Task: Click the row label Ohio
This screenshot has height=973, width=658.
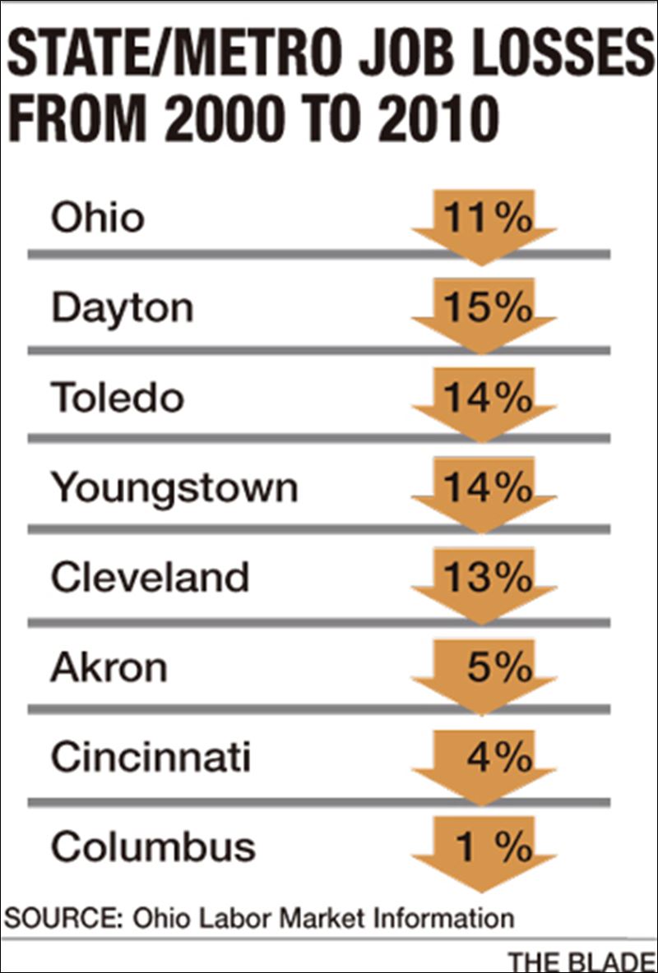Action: click(x=97, y=219)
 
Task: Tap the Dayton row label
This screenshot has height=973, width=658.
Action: click(x=122, y=309)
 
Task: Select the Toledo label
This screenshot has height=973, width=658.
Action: click(x=117, y=399)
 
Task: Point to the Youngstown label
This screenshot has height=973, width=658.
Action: click(x=174, y=489)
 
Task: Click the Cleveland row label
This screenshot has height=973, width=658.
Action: click(x=149, y=578)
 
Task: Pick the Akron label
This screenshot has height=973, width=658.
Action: click(x=108, y=667)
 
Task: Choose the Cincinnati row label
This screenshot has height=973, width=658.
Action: click(x=150, y=757)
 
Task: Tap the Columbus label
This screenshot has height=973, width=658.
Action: click(x=153, y=846)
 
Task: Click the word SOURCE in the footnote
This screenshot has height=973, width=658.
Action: click(x=60, y=917)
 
